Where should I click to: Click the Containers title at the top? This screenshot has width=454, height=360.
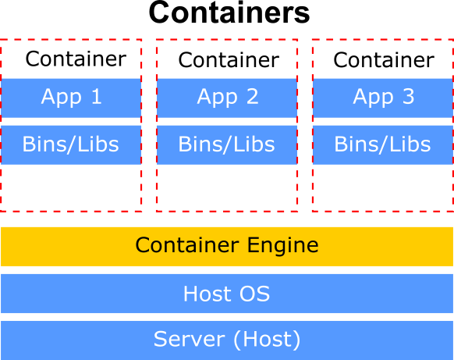coord(229,12)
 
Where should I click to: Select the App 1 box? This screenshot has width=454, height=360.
coord(71,98)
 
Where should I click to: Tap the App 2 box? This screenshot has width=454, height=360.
coord(227,98)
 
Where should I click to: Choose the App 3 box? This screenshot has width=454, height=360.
coord(383,98)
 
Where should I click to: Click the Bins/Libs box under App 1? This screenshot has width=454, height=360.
coord(71,145)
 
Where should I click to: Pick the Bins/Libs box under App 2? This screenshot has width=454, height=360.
coord(227,145)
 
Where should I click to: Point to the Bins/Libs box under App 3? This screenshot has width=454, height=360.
coord(383,145)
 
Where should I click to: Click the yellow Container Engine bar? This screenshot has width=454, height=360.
coord(227,247)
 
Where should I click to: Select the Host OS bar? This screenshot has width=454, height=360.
coord(227,294)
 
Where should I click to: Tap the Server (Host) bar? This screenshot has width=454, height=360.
coord(227,340)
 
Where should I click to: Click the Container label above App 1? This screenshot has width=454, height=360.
coord(76,59)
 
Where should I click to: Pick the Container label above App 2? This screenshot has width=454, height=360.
coord(229,60)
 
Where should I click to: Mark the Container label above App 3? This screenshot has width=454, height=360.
coord(384,60)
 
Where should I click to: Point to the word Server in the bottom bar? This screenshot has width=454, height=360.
coord(190,339)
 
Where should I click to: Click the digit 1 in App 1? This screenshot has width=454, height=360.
coord(97,97)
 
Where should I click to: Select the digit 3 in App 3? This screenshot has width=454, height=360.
coord(409,97)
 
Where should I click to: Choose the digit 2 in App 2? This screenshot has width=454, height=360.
coord(253,97)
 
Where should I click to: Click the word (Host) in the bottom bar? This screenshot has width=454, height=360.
coord(267,340)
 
